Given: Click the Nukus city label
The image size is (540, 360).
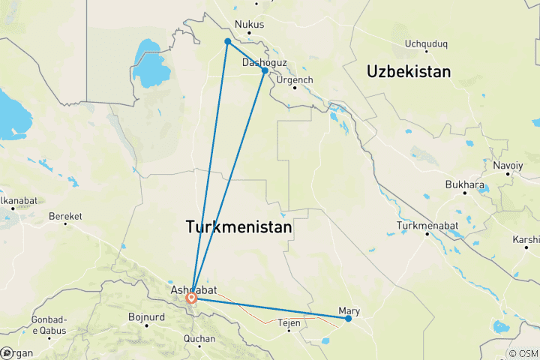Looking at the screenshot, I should pyautogui.click(x=250, y=24).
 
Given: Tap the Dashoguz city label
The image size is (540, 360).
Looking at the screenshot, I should pyautogui.click(x=264, y=63).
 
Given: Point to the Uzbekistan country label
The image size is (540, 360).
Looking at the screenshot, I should pyautogui.click(x=409, y=72).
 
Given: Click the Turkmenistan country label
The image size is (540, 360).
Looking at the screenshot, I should pyautogui.click(x=238, y=226).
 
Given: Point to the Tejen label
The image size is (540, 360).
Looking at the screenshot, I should pyautogui.click(x=289, y=323).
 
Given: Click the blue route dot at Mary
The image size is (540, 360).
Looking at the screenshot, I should pyautogui.click(x=349, y=319).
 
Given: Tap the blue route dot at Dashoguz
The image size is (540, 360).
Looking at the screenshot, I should pyautogui.click(x=265, y=70).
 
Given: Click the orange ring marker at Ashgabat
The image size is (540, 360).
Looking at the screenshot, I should pyautogui.click(x=192, y=298).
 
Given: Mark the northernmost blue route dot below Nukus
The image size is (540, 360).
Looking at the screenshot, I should pyautogui.click(x=227, y=41).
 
